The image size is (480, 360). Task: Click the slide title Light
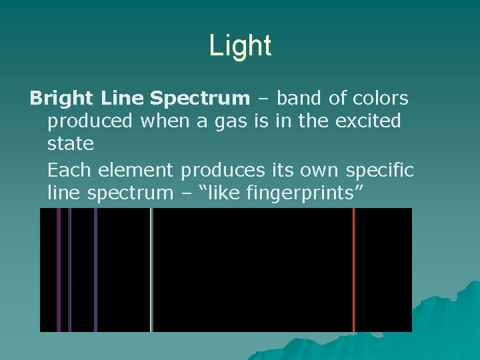240,46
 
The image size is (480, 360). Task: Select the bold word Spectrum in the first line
199,99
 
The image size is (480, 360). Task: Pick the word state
71,144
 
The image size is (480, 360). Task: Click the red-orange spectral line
354,269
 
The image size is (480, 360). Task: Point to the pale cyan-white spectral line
151,269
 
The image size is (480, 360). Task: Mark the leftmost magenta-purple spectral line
59,269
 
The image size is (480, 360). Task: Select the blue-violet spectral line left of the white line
95,269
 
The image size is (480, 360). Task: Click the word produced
91,122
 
